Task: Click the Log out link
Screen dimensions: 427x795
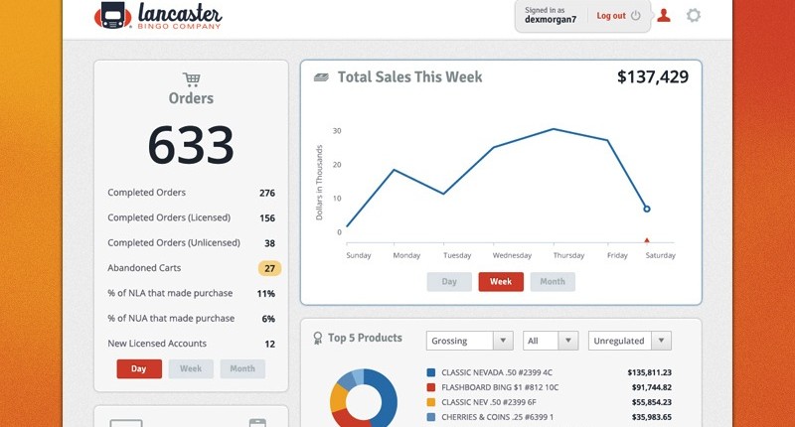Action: [611, 16]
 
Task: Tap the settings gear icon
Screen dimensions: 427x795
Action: [694, 16]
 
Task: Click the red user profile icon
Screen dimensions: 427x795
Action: [664, 16]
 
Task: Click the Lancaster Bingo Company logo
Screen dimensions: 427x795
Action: [159, 16]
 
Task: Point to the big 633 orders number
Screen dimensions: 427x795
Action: [191, 145]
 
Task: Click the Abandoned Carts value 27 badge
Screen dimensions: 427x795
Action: [269, 268]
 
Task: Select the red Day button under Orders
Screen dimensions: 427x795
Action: [139, 368]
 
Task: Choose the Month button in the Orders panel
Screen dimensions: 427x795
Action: [242, 368]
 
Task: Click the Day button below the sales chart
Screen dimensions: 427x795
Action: [449, 282]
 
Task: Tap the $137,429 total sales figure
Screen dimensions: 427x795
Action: [652, 76]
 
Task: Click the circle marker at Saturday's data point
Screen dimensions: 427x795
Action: [647, 210]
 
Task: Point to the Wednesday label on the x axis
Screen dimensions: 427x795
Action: [512, 255]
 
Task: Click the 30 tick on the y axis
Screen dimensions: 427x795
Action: [337, 130]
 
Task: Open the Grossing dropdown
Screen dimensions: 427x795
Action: [469, 341]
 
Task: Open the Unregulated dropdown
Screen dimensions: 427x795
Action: [630, 341]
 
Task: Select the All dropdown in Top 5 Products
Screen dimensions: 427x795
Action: [551, 341]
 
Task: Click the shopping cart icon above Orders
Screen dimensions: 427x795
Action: [191, 79]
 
